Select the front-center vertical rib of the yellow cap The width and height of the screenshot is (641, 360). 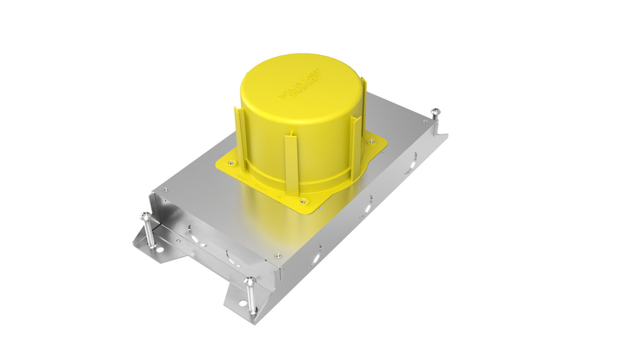(290, 164)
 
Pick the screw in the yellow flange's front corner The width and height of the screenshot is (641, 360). (304, 202)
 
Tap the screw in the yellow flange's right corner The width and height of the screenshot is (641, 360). (372, 141)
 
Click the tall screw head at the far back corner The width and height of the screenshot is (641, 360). (435, 112)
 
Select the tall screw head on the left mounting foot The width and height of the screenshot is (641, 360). (145, 217)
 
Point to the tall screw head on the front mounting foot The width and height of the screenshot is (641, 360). (250, 282)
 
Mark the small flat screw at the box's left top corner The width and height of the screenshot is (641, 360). (166, 190)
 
